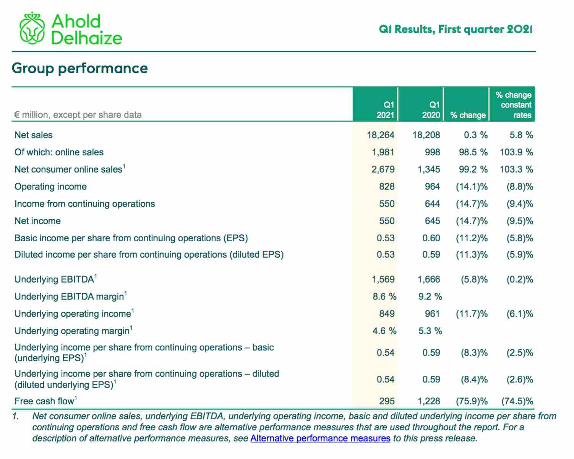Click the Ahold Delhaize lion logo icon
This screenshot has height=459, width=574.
32,28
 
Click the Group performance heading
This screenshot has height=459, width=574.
79,68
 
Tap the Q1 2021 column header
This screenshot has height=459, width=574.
385,110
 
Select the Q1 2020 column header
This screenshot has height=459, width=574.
431,110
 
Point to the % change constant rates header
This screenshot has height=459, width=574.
514,105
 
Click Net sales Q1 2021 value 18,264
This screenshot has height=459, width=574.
381,135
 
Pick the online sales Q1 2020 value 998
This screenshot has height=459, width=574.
432,152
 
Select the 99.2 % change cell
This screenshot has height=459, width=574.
473,169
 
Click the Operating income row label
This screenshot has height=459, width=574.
51,187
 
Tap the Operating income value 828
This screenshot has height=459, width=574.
387,187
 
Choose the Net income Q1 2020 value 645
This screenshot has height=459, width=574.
432,221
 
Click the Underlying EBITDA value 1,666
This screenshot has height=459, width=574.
429,280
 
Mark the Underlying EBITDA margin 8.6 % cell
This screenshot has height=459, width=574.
384,296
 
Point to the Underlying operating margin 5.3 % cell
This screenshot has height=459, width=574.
430,331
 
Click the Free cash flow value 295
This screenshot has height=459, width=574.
387,401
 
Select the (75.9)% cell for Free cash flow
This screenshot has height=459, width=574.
472,401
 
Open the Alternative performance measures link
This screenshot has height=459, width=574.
320,438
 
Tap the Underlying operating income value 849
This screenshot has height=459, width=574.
387,314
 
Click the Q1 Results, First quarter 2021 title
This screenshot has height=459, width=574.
456,29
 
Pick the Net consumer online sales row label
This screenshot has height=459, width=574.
70,169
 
